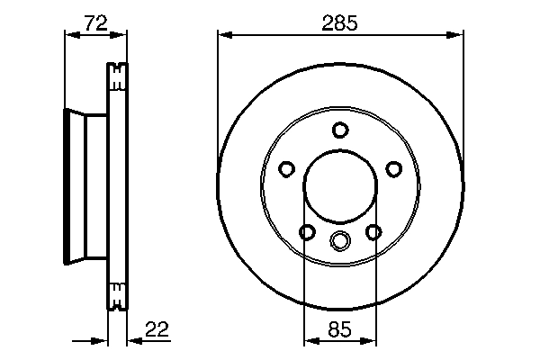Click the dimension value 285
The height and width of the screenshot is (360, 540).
click(340, 22)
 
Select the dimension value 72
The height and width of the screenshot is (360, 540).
click(95, 22)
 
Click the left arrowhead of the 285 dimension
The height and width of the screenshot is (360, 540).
click(223, 36)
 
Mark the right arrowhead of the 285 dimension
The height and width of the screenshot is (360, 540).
click(458, 36)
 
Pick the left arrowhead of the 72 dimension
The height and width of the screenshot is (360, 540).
click(70, 36)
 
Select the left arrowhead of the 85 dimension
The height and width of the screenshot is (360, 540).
click(309, 341)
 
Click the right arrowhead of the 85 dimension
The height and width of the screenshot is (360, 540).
click(370, 341)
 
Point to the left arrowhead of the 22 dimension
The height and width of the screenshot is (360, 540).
click(103, 341)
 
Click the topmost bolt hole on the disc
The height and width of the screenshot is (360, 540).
click(339, 130)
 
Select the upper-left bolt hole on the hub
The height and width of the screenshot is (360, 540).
click(286, 168)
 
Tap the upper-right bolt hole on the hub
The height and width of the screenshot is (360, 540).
click(393, 168)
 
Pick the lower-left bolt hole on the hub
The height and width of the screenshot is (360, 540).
click(307, 232)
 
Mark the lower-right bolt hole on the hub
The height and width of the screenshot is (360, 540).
click(373, 232)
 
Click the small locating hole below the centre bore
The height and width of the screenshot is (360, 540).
click(339, 240)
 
